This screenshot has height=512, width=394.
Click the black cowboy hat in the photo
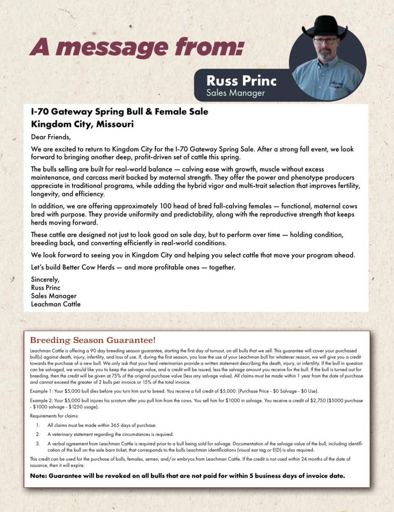click(x=325, y=27)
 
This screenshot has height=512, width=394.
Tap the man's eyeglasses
click(x=325, y=41)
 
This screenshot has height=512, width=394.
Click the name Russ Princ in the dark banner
click(x=241, y=81)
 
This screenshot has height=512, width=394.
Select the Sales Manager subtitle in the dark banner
click(x=235, y=93)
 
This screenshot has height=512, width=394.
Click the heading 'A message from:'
click(x=136, y=47)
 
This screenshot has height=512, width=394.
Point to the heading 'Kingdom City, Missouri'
click(x=82, y=124)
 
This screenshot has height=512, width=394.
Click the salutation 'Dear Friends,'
click(x=51, y=137)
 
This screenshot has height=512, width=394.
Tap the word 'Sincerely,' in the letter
click(x=45, y=279)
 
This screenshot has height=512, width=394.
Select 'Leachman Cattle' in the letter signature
click(x=56, y=304)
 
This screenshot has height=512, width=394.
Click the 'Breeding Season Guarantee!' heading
click(x=93, y=340)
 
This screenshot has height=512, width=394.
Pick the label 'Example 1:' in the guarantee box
click(x=41, y=391)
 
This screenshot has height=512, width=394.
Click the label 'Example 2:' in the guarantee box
click(x=41, y=400)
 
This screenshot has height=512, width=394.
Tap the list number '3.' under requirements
click(x=38, y=444)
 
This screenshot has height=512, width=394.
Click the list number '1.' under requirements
click(x=38, y=425)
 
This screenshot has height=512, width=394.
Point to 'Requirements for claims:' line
click(x=54, y=416)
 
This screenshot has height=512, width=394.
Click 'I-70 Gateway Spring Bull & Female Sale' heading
click(x=119, y=112)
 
